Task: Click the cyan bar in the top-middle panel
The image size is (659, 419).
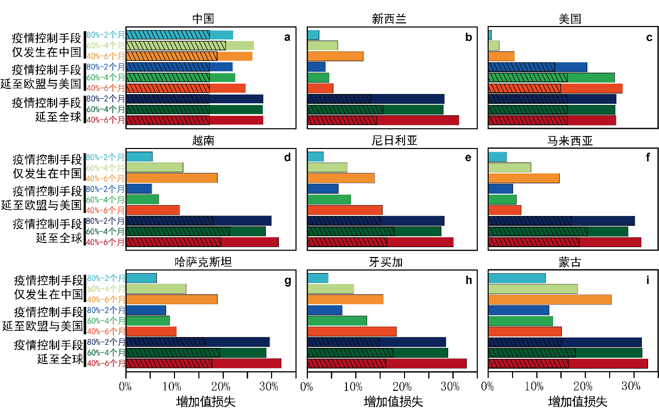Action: pyautogui.click(x=313, y=35)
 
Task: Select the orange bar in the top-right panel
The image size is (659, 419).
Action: pyautogui.click(x=501, y=56)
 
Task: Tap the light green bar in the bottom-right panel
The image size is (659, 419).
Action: pyautogui.click(x=533, y=289)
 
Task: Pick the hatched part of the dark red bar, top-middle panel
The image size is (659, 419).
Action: pyautogui.click(x=342, y=120)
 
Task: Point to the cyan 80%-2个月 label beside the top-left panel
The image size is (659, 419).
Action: pyautogui.click(x=105, y=35)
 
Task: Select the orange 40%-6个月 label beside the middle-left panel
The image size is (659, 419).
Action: pyautogui.click(x=105, y=178)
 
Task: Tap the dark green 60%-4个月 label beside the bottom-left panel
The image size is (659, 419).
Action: pyautogui.click(x=106, y=353)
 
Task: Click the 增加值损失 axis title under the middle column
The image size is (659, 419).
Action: pyautogui.click(x=393, y=402)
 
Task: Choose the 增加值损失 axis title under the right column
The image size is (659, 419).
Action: pyautogui.click(x=577, y=402)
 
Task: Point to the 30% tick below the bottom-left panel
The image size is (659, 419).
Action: pyautogui.click(x=269, y=386)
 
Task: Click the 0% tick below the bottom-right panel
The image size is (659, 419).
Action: pyautogui.click(x=487, y=386)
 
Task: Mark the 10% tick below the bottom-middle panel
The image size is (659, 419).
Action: pyautogui.click(x=353, y=386)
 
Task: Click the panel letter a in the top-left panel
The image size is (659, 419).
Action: pyautogui.click(x=287, y=37)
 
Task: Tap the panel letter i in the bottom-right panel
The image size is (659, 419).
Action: pyautogui.click(x=648, y=281)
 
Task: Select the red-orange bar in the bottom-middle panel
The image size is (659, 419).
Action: pyautogui.click(x=352, y=331)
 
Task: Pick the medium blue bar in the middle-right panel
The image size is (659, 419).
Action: pyautogui.click(x=500, y=189)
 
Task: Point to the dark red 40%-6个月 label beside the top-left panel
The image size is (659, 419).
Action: pyautogui.click(x=105, y=120)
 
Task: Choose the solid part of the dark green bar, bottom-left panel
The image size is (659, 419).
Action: pyautogui.click(x=243, y=353)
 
